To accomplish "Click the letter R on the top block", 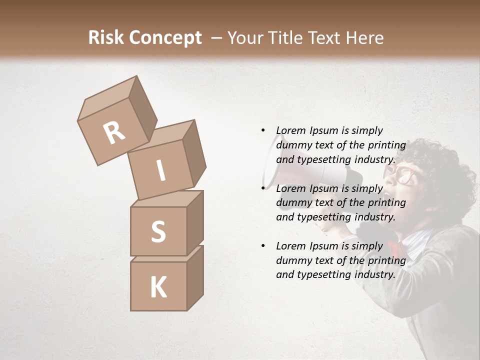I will (x=114, y=132).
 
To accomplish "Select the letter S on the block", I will (x=158, y=231).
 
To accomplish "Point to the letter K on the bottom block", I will (x=158, y=287).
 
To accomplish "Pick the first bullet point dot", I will (x=262, y=130).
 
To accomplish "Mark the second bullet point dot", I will (x=262, y=188).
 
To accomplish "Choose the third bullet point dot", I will (x=262, y=245).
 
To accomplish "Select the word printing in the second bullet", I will (x=386, y=202).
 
